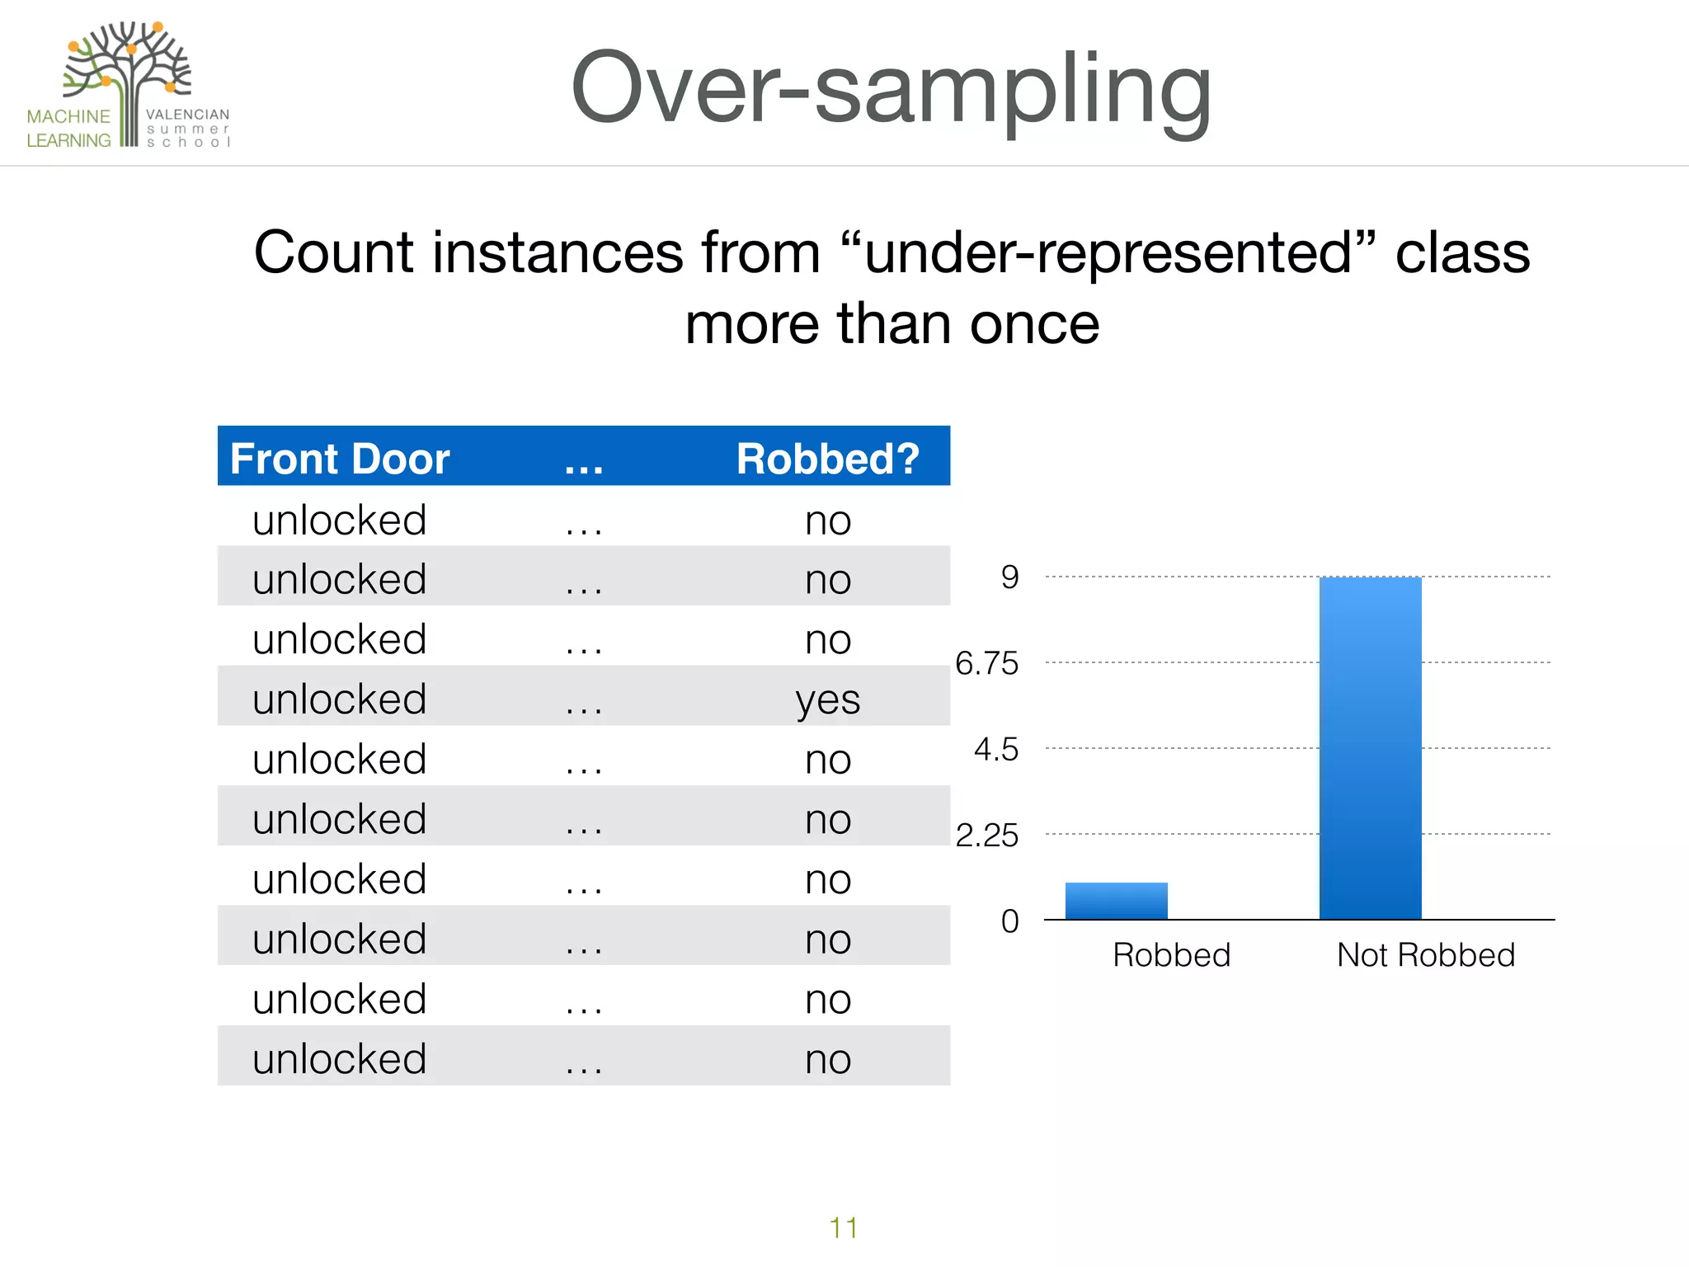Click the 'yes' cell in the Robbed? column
coord(827,700)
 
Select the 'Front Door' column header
coord(339,459)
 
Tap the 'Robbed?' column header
coord(827,459)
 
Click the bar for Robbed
coord(1116,901)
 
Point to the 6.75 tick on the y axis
coord(986,663)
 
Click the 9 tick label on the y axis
coord(1009,577)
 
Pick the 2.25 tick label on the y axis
coord(986,836)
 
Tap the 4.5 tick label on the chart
coord(995,750)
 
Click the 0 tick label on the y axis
coord(1009,921)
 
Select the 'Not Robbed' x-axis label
coord(1425,955)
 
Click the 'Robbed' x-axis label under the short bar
coord(1171,955)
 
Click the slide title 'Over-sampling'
coord(891,89)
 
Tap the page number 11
coord(843,1228)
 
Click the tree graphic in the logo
coord(128,70)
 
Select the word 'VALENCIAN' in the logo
coord(187,115)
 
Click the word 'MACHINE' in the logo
coord(68,116)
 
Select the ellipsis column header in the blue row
coord(584,462)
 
